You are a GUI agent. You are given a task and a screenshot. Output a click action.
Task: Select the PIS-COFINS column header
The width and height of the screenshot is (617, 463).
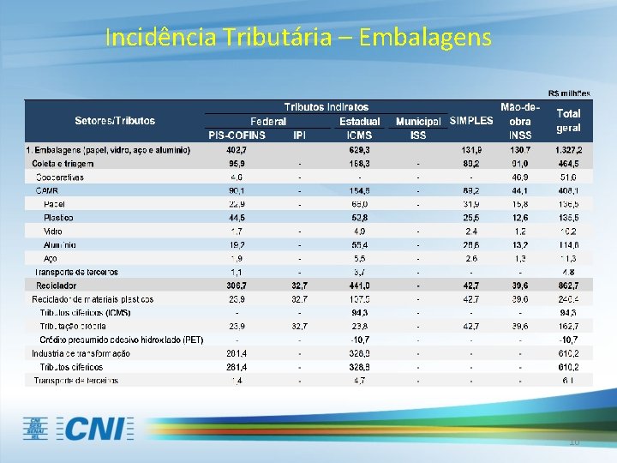click(237, 135)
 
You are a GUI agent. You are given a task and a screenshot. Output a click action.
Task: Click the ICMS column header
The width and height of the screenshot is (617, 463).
click(359, 135)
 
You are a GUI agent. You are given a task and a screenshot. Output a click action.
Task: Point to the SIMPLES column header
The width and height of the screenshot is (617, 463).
click(470, 120)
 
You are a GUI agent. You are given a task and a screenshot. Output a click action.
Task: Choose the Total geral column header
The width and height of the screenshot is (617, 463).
click(568, 120)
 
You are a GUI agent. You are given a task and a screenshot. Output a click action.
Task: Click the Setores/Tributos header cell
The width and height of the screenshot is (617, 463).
click(115, 120)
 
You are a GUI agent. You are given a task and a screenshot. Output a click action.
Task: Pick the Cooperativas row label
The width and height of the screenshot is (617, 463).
click(60, 177)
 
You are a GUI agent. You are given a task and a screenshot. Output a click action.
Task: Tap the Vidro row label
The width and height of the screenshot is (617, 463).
click(53, 231)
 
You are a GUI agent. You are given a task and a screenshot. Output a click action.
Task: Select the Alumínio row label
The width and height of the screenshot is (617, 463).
click(59, 244)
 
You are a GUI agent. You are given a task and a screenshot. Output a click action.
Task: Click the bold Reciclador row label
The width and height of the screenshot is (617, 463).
click(56, 285)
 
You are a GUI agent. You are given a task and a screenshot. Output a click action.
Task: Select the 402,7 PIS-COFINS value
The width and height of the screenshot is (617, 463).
click(237, 149)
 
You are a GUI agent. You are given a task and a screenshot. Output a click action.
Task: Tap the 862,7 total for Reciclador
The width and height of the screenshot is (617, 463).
click(569, 285)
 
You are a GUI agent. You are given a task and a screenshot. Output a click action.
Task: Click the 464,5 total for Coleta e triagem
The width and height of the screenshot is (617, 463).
click(569, 163)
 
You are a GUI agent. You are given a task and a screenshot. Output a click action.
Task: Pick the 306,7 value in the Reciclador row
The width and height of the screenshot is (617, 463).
click(237, 285)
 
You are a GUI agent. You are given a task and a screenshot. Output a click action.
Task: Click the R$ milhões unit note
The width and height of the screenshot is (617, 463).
click(569, 93)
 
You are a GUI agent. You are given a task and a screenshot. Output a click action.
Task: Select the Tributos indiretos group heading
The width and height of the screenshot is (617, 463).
click(326, 106)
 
